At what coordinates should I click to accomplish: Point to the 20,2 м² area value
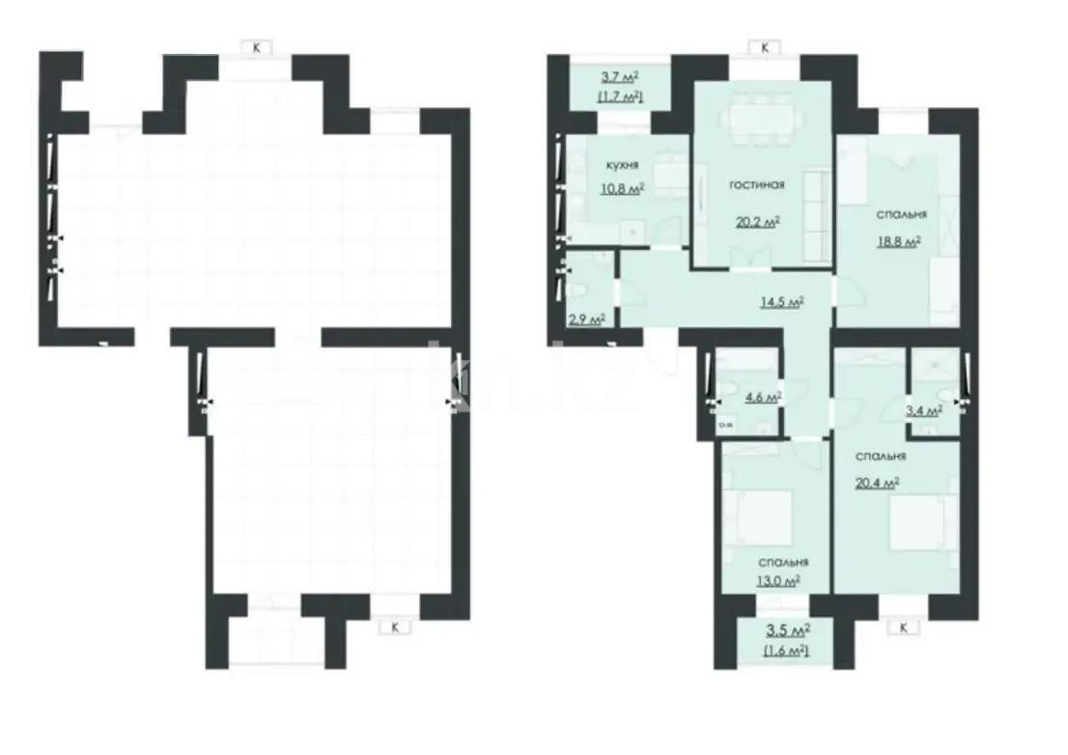(758, 220)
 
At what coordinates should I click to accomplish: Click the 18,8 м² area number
(898, 242)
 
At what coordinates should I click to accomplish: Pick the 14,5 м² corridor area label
(782, 300)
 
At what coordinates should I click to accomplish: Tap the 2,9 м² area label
(587, 319)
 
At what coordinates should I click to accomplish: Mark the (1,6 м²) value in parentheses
(786, 652)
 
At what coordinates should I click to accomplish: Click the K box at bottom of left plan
(394, 627)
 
